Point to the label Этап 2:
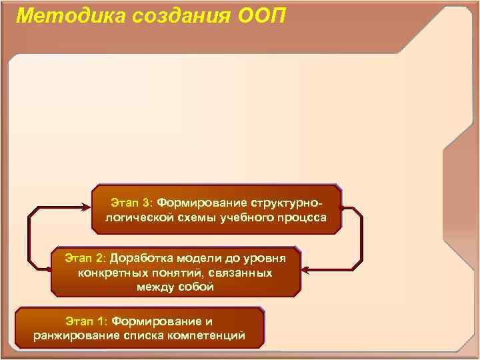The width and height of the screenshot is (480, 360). point(86,257)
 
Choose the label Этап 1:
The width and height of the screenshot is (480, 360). point(89,321)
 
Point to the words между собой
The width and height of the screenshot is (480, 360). point(175,287)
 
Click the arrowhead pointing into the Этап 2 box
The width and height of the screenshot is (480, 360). point(305,270)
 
